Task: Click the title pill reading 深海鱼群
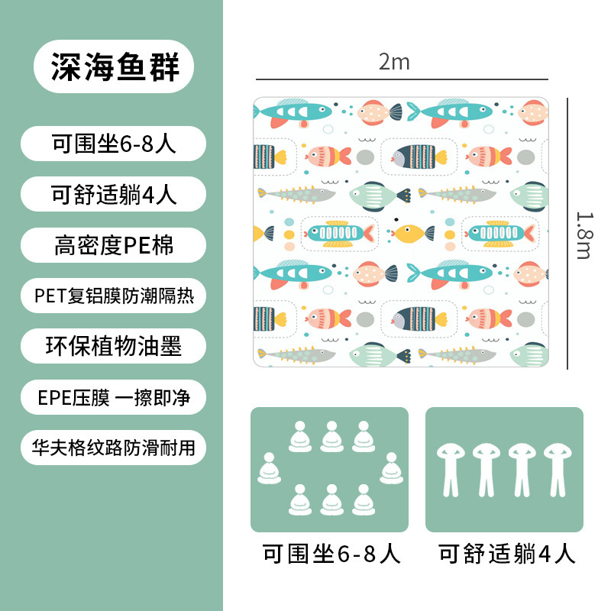point(115,66)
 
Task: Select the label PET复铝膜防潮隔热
point(115,296)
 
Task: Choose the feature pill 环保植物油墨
point(115,346)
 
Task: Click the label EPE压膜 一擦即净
point(115,397)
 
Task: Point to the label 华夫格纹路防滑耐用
point(115,447)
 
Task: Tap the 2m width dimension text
point(394,62)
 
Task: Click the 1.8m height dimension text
point(584,233)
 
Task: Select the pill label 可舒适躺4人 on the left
point(115,194)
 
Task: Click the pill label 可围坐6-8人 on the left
point(115,144)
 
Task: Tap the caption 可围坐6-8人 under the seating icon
point(331,554)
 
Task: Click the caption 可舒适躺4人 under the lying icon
point(506,554)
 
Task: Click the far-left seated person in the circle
point(268,468)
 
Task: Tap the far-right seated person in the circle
point(392,468)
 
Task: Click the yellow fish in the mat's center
point(409,232)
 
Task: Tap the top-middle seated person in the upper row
point(331,435)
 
